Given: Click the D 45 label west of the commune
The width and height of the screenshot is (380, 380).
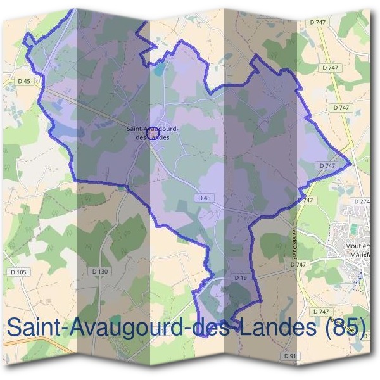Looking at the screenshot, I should [x=25, y=81].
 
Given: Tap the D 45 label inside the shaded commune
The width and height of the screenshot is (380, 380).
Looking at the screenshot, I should [x=204, y=198].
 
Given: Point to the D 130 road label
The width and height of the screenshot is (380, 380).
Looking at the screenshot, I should [x=100, y=271].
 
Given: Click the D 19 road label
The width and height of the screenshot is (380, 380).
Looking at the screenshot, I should [x=239, y=277].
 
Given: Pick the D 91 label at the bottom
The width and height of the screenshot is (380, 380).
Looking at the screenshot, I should [x=290, y=357].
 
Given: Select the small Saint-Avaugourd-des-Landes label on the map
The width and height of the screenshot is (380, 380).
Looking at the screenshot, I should [x=152, y=132].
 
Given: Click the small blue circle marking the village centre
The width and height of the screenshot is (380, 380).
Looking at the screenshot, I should [x=152, y=142].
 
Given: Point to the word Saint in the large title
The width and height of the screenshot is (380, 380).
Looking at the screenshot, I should [x=37, y=328].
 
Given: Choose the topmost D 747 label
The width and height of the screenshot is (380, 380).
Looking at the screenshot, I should [x=318, y=22].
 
